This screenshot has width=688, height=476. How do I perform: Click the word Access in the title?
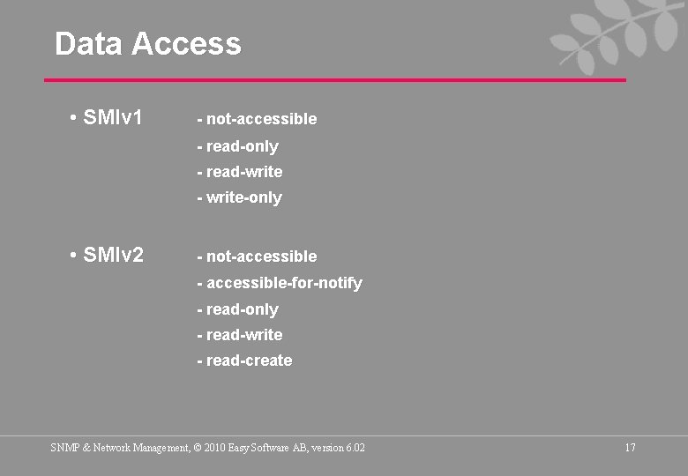click(186, 43)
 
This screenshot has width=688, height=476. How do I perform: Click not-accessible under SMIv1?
click(257, 119)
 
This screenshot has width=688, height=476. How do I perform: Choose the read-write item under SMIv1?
click(240, 172)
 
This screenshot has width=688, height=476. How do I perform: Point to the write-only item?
click(240, 197)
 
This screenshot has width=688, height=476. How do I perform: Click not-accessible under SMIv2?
click(257, 257)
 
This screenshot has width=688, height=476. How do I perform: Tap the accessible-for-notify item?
click(280, 283)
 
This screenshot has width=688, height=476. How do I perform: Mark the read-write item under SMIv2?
click(240, 335)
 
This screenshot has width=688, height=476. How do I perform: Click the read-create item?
click(244, 361)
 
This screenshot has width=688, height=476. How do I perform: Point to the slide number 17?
click(630, 448)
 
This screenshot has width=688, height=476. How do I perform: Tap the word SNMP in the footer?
click(65, 448)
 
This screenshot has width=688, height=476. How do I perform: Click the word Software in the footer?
click(274, 448)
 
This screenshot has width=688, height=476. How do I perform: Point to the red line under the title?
click(335, 80)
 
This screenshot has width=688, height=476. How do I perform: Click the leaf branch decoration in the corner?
click(608, 35)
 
